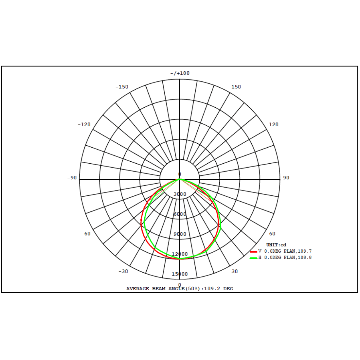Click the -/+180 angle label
(180, 73)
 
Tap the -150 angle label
(122, 87)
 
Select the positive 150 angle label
(236, 87)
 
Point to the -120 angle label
(84, 124)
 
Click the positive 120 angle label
(274, 124)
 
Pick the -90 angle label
(72, 178)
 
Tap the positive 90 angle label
(286, 178)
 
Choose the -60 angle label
(86, 234)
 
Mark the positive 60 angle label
(272, 234)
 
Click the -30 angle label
(123, 271)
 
